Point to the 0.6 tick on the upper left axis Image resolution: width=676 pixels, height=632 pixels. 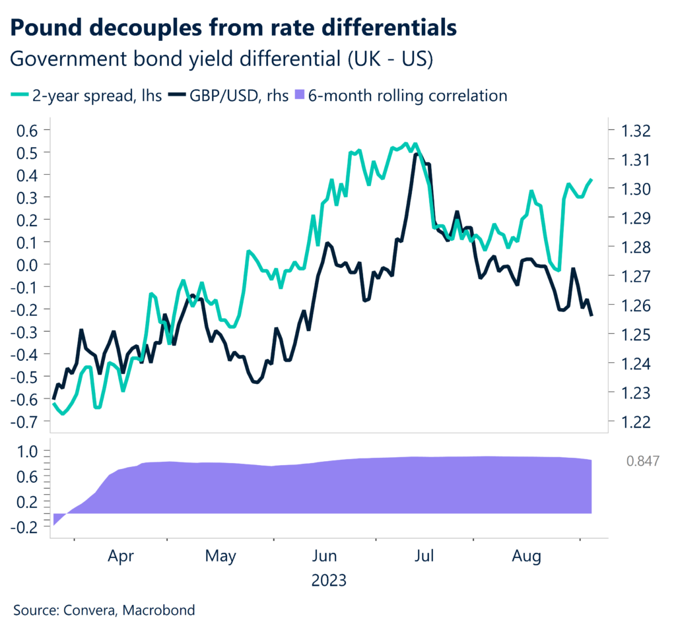tap(27, 130)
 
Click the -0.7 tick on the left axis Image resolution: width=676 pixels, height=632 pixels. tap(24, 422)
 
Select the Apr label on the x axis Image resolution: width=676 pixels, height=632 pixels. tap(120, 557)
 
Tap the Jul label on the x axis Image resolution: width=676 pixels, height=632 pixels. tap(423, 557)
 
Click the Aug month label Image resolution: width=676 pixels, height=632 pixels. tap(526, 557)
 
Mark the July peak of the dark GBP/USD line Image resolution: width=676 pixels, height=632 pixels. tap(416, 154)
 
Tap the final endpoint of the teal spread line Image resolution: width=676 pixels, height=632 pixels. tap(591, 179)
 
